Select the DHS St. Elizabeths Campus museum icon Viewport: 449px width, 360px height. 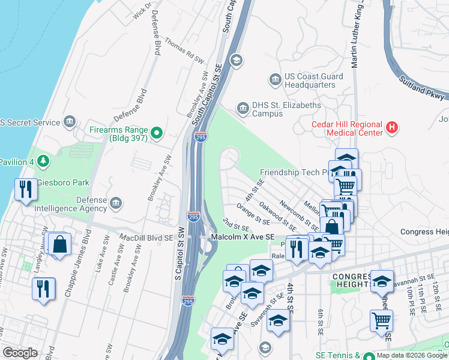(x=243, y=108)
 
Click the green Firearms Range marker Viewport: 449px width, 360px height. (x=157, y=133)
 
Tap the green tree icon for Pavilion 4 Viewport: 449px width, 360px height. (x=42, y=161)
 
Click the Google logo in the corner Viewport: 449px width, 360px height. (x=20, y=353)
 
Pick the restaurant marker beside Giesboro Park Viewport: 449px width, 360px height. (x=25, y=190)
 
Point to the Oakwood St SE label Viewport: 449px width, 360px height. (x=277, y=215)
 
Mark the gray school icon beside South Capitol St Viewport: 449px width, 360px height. (x=237, y=59)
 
